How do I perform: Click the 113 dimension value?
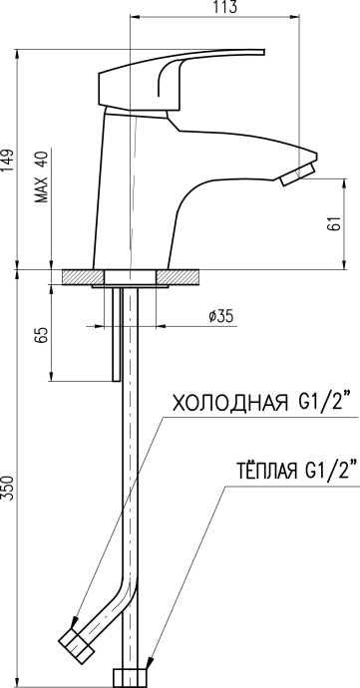(x=226, y=7)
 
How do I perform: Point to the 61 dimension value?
(x=335, y=223)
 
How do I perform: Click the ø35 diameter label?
(x=220, y=316)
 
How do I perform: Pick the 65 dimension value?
(x=43, y=336)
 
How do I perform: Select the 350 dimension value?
(x=8, y=487)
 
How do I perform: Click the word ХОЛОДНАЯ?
(x=228, y=404)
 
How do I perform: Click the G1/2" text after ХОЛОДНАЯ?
(x=322, y=403)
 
